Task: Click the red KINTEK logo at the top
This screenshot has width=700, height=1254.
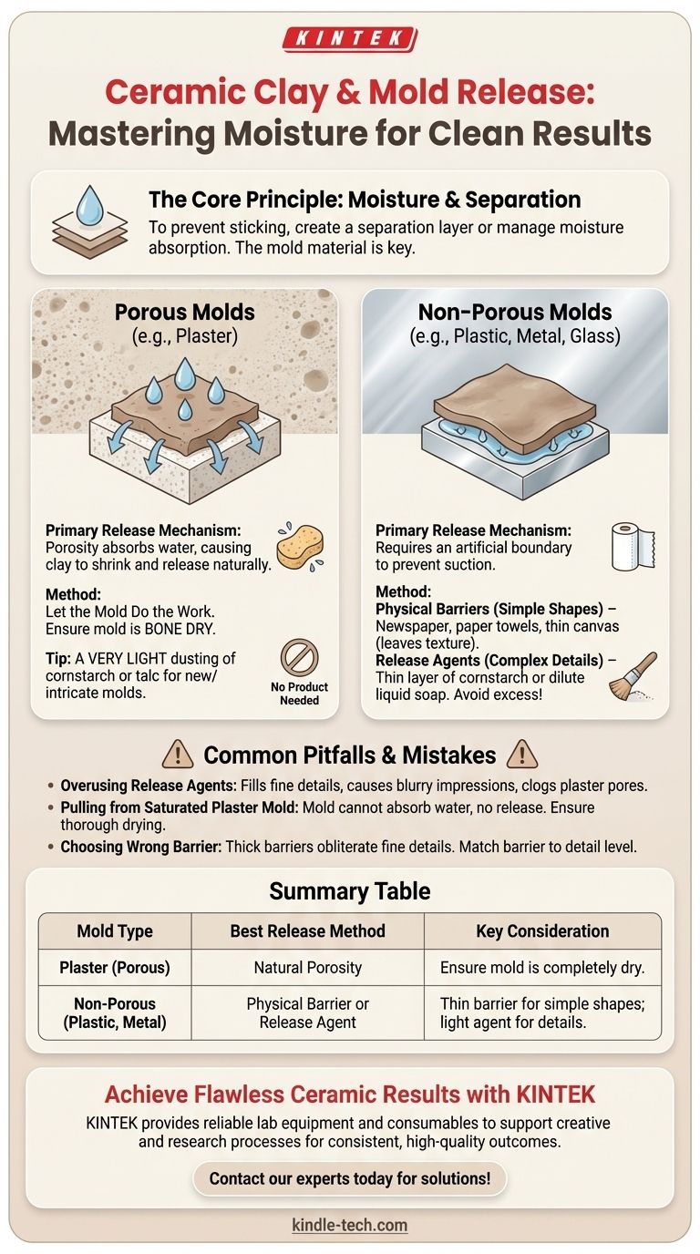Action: coord(350,39)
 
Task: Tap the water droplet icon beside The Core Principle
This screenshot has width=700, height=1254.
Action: coord(90,209)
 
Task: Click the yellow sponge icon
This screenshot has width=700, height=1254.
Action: coord(301,547)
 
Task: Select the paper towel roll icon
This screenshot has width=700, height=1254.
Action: coord(633,547)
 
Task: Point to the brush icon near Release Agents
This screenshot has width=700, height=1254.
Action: coord(633,676)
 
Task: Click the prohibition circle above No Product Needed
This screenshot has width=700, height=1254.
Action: coord(299,658)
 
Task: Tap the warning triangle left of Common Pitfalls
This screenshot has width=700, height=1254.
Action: coord(178,755)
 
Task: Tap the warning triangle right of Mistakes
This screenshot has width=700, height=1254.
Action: coord(522,755)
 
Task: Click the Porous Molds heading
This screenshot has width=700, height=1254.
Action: coord(185,312)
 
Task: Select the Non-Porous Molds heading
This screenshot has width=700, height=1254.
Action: coord(515,312)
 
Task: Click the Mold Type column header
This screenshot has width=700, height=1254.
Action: coord(115,931)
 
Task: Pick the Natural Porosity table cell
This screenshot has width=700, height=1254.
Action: coord(308,967)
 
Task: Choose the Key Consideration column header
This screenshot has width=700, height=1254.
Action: coord(542,931)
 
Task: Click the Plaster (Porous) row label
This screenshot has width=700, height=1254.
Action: coord(115,967)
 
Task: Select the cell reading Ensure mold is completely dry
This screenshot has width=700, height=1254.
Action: coord(542,967)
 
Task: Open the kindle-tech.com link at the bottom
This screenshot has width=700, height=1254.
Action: coord(349,1225)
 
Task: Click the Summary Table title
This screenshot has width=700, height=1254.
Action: coord(350,891)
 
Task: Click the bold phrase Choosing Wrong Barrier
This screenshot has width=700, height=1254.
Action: coord(141,847)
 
